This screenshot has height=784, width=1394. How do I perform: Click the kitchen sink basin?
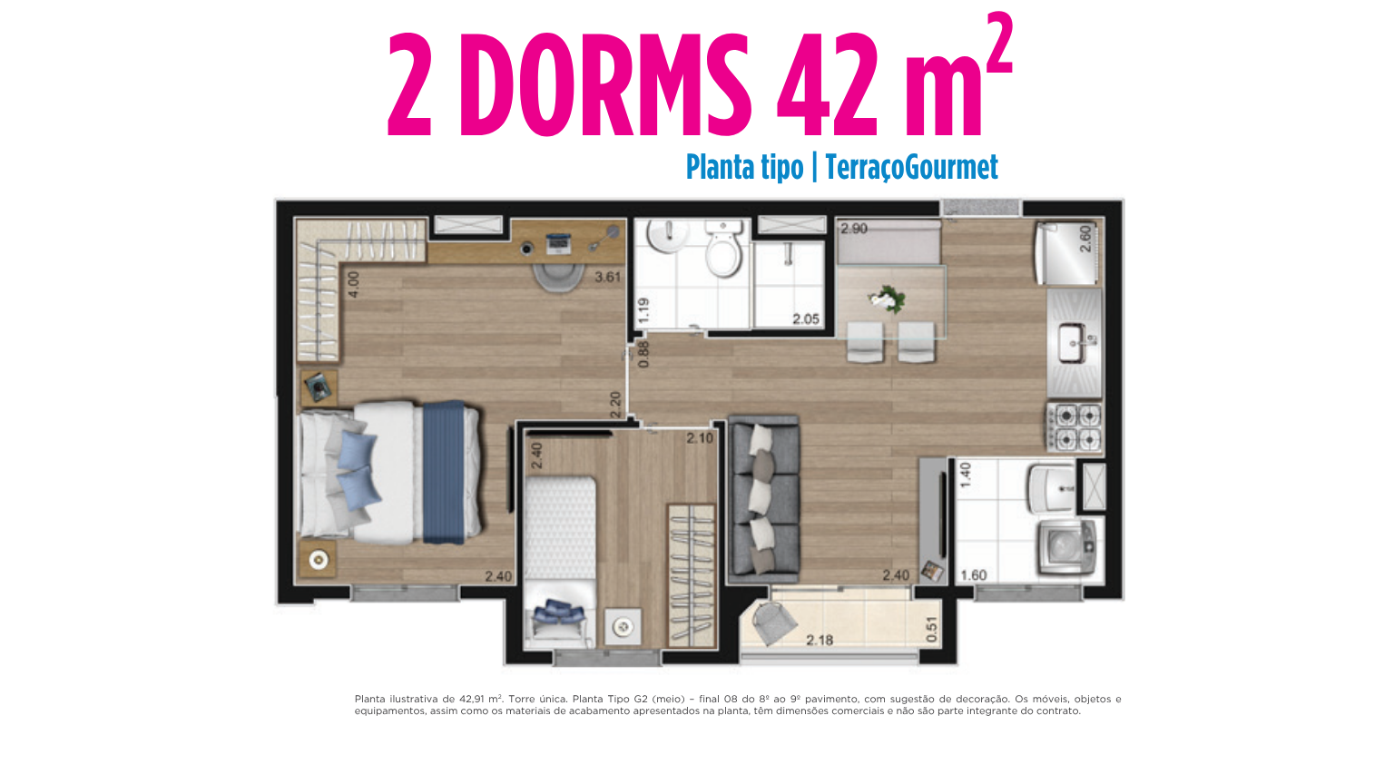coord(1073,343)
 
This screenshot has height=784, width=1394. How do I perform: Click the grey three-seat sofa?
coord(763,500)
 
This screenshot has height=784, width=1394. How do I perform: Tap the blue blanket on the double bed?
coord(444,472)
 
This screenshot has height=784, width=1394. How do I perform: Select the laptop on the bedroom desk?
coord(557,242)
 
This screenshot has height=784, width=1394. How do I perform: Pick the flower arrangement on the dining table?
coord(887,299)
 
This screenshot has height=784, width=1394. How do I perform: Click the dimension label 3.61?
coord(607,277)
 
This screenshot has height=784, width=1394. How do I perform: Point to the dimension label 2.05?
coord(805,319)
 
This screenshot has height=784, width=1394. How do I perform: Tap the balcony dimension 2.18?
coord(819,640)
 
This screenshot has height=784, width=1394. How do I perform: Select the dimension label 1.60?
coord(973,575)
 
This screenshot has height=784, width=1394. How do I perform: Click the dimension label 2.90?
coord(854,229)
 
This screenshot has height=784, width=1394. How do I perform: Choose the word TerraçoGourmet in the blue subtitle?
coord(911,167)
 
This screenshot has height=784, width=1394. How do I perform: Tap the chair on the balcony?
coord(773,622)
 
